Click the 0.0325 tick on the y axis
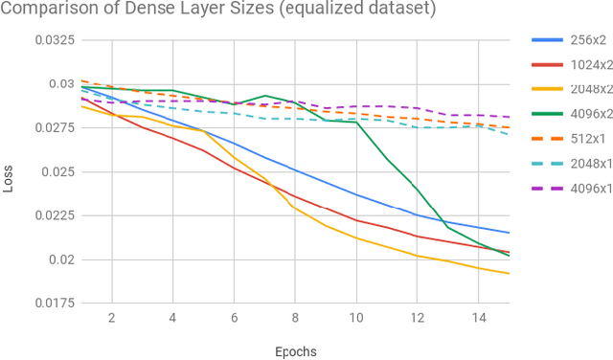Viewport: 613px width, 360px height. [55, 41]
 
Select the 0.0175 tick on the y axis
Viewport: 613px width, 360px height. [55, 304]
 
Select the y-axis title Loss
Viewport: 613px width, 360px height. [9, 178]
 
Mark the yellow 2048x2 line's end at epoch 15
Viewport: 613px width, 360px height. [509, 274]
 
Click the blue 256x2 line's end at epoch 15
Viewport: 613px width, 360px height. [509, 233]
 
